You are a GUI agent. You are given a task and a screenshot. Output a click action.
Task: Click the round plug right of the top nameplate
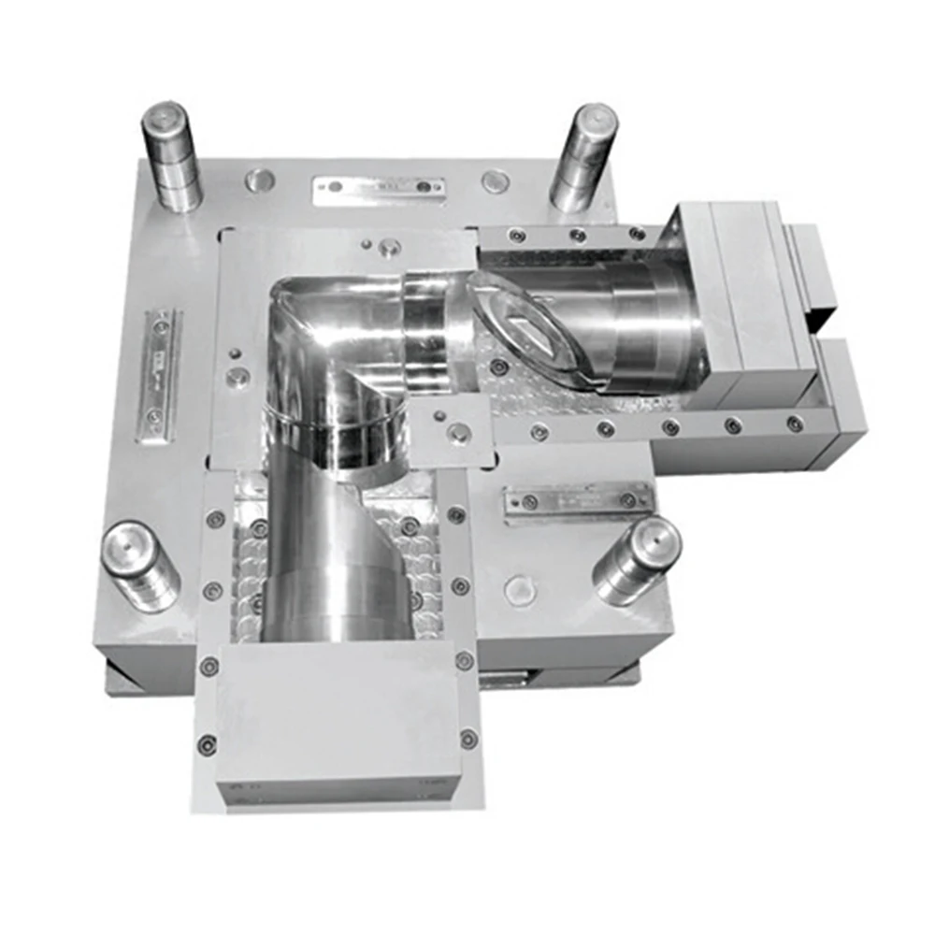click(495, 180)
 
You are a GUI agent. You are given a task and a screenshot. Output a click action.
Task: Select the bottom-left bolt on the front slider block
click(207, 745)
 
